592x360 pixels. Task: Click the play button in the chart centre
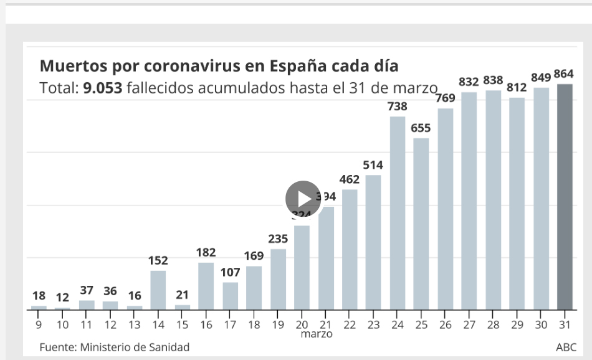303,199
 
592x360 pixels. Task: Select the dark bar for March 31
564,197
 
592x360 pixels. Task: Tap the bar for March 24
398,213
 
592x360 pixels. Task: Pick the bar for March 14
158,290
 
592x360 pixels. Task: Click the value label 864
564,74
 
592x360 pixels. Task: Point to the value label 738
398,107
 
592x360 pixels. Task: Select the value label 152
158,260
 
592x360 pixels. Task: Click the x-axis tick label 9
39,324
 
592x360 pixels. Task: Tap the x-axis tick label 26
445,324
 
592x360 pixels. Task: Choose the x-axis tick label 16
206,324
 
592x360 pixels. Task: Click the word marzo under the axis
317,334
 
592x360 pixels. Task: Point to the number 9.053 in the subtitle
102,88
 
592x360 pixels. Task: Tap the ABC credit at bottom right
566,347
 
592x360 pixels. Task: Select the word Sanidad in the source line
169,347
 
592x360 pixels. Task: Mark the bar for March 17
230,296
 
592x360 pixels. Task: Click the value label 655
421,128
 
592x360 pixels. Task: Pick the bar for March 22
350,249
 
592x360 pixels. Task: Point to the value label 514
373,165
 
